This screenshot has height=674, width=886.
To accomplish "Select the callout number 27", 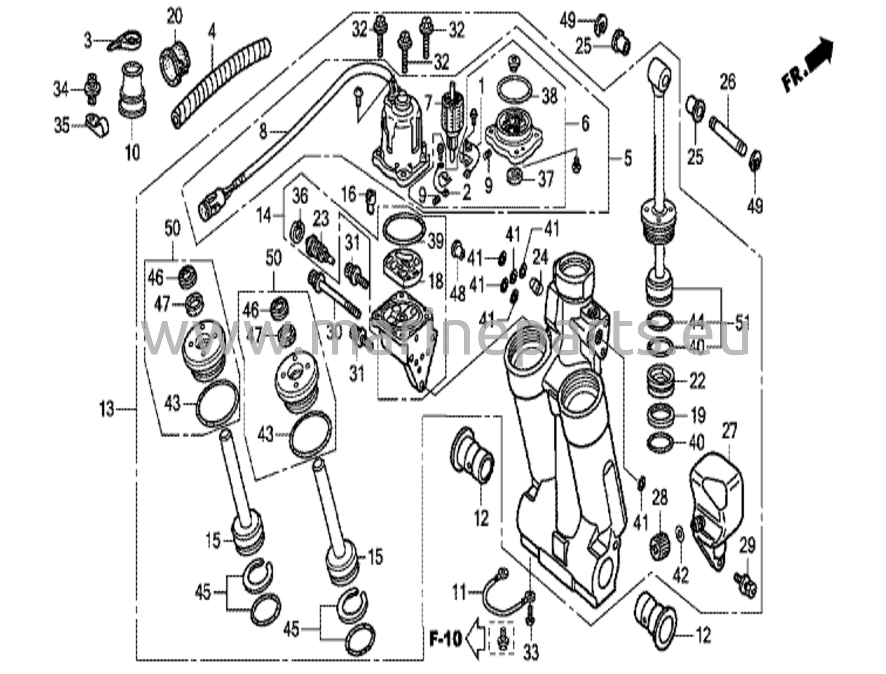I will tap(729, 432).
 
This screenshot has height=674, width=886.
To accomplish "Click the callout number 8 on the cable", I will tap(263, 131).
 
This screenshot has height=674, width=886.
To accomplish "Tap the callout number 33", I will tap(531, 652).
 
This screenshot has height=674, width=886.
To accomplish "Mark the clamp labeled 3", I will tap(126, 42).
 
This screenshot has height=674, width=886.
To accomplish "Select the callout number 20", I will tap(174, 17).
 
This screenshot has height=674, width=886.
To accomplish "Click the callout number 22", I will tap(697, 380).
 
